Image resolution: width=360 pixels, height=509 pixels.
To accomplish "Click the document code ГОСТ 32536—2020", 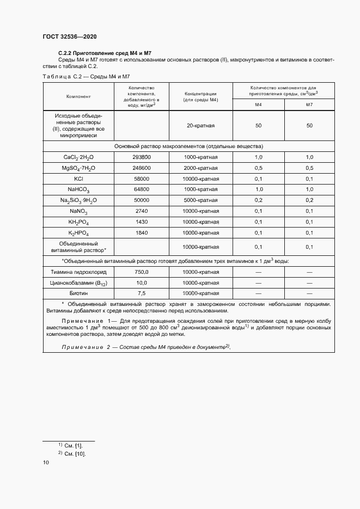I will click(69, 36).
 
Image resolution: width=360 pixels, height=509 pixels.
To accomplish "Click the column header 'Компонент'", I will click(78, 96).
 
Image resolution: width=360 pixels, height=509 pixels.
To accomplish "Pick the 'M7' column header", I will click(309, 104).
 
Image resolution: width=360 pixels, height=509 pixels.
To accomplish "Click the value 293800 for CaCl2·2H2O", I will click(142, 157).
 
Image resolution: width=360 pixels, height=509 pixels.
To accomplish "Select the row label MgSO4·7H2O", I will click(78, 168).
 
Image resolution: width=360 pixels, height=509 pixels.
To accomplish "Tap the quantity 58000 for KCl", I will click(142, 178).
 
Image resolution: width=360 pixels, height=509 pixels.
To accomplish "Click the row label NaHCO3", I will click(78, 189).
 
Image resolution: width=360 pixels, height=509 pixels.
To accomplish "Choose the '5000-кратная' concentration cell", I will click(201, 200).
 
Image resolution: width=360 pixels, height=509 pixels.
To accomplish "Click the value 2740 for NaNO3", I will click(142, 211).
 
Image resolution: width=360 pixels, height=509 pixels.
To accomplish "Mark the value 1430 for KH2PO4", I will click(142, 222).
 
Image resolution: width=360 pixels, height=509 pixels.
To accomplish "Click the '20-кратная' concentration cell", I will click(201, 126).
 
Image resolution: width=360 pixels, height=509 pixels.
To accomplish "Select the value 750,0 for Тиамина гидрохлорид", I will click(142, 272).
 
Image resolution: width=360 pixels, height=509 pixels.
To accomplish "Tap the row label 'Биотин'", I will click(78, 293).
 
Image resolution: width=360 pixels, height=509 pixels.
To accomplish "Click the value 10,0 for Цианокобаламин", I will click(142, 283).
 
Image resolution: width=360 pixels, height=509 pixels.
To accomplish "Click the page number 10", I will click(46, 462).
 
